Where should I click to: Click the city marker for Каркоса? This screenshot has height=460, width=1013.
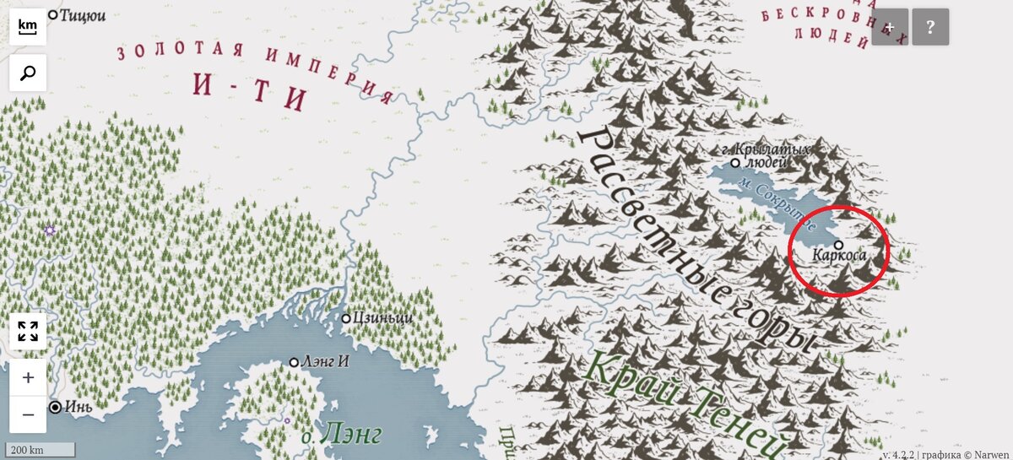(838, 245)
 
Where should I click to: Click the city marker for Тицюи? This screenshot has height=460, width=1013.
(52, 14)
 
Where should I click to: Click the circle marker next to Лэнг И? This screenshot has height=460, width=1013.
(294, 362)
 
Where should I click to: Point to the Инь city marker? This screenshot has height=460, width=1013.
(55, 407)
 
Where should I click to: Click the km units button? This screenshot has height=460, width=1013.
(28, 27)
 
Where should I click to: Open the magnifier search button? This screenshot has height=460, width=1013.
(28, 73)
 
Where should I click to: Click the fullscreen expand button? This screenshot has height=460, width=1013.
(28, 331)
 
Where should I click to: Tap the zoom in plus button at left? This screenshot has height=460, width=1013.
(28, 377)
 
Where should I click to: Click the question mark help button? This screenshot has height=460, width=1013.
(930, 27)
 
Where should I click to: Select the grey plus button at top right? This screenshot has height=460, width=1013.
(890, 27)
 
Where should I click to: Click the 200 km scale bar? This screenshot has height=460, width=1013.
(39, 450)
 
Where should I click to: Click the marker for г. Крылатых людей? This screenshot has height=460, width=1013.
(735, 163)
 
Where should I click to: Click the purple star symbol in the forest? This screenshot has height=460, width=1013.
(50, 230)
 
